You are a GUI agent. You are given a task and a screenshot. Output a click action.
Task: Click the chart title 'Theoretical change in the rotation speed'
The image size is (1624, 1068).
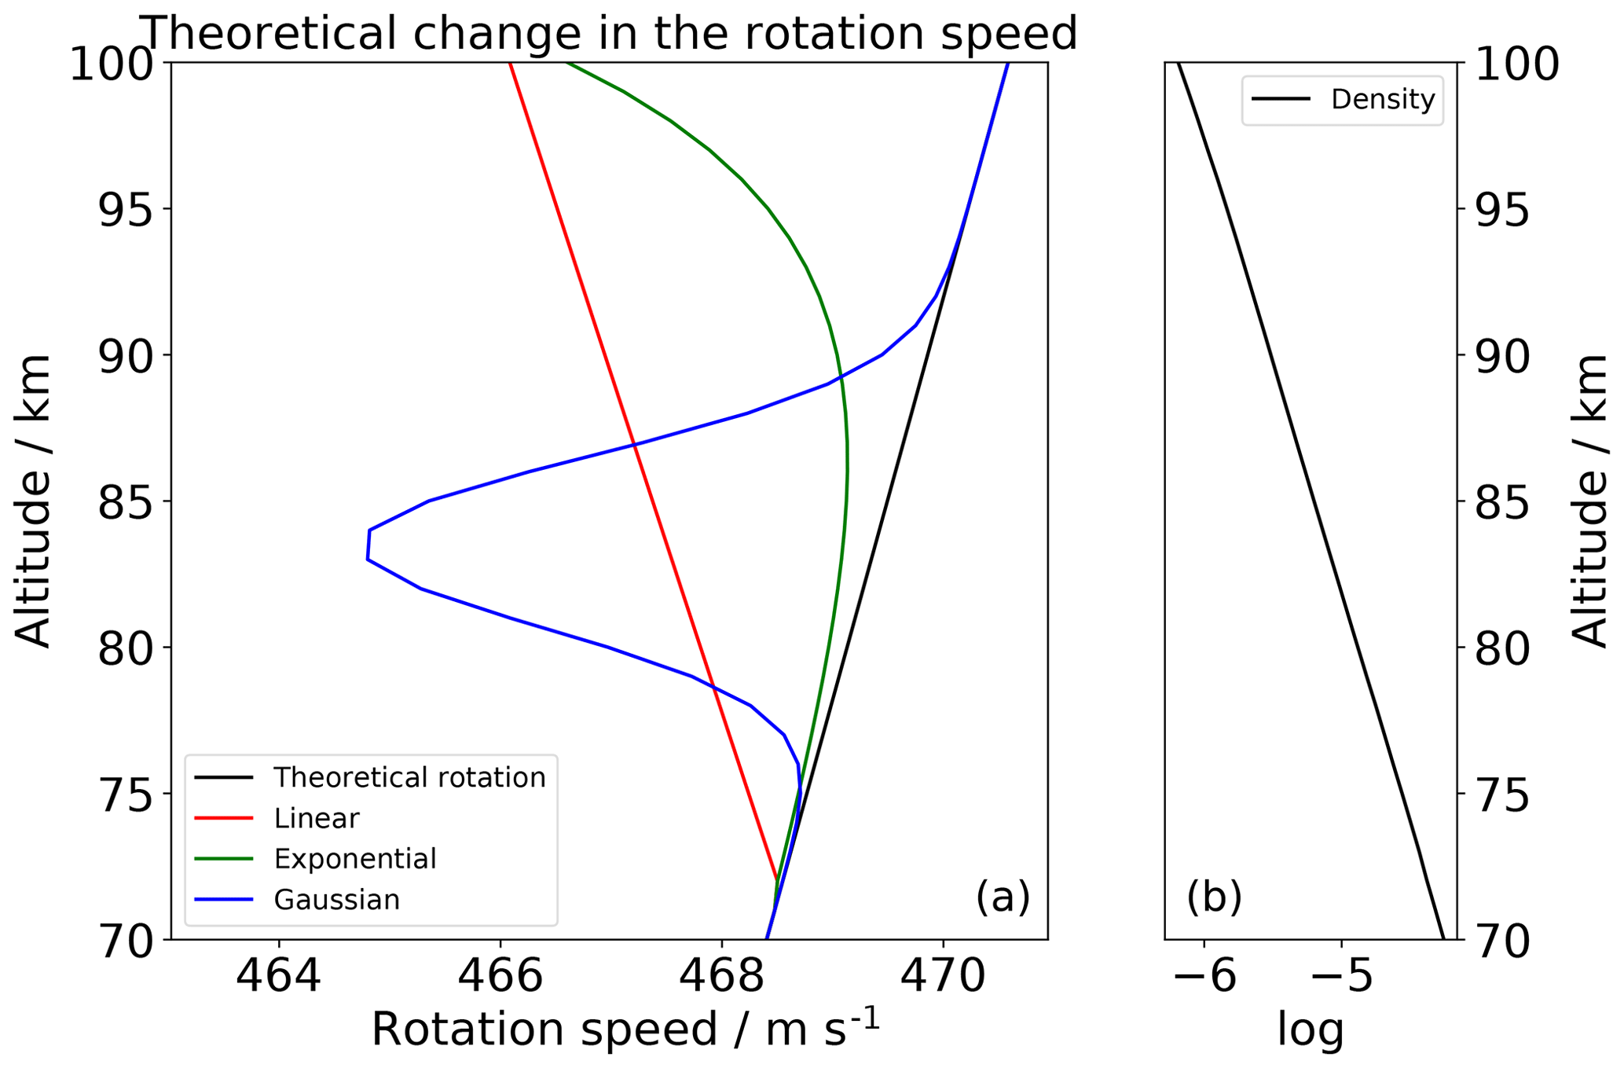[610, 33]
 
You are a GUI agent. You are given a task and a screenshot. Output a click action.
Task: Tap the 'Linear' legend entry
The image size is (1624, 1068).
[316, 818]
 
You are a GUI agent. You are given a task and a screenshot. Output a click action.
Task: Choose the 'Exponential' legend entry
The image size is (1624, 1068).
[354, 859]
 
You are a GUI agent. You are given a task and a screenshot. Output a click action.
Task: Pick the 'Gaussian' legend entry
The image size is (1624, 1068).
[336, 900]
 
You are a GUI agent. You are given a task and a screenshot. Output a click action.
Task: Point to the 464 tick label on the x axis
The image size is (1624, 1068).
[279, 977]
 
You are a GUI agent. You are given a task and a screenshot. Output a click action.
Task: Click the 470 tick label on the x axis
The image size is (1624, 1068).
[943, 977]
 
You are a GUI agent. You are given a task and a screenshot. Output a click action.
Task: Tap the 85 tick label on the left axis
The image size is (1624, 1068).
[125, 502]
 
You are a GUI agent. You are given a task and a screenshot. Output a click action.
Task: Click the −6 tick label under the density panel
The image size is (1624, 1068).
[1204, 977]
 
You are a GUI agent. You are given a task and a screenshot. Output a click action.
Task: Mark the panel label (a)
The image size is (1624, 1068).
[1003, 897]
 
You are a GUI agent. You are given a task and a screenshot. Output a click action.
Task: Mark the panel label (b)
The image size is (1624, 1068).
[1214, 897]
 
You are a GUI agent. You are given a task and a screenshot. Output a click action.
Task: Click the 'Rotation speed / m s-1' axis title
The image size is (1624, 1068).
[625, 1028]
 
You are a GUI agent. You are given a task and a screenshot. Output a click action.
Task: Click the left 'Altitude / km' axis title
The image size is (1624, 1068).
[33, 501]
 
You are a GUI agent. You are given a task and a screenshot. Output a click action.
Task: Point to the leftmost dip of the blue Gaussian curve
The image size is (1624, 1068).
[368, 545]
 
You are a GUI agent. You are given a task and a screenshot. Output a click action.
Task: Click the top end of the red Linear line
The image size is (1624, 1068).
[510, 64]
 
